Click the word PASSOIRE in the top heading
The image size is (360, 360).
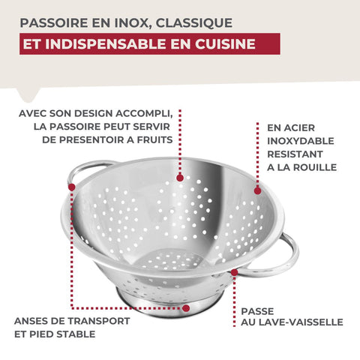click(53, 22)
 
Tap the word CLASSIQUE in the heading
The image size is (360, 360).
click(194, 23)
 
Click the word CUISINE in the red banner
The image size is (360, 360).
click(225, 43)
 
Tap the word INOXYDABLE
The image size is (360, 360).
click(301, 141)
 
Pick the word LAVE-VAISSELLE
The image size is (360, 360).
click(301, 322)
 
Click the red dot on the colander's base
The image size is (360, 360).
click(185, 308)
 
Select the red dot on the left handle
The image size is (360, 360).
click(72, 187)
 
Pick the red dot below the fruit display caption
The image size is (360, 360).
click(180, 178)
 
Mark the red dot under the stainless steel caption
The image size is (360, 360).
click(257, 191)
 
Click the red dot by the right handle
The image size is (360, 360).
click(234, 272)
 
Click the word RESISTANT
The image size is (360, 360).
click(295, 154)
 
